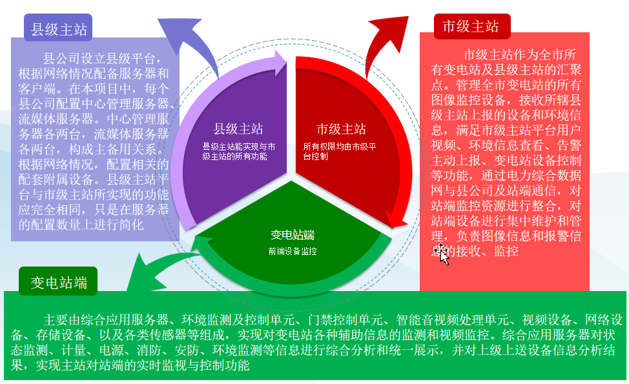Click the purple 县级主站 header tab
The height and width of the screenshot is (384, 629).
[58, 30]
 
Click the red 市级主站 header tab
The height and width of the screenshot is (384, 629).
[471, 26]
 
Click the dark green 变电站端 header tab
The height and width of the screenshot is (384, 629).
[58, 282]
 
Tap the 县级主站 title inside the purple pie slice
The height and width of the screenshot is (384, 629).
[238, 129]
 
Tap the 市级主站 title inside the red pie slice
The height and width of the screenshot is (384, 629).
[341, 129]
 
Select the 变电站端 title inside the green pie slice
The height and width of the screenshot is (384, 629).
[293, 235]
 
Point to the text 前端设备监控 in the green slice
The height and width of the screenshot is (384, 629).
[293, 252]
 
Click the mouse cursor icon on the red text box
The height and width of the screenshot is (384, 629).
[443, 254]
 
